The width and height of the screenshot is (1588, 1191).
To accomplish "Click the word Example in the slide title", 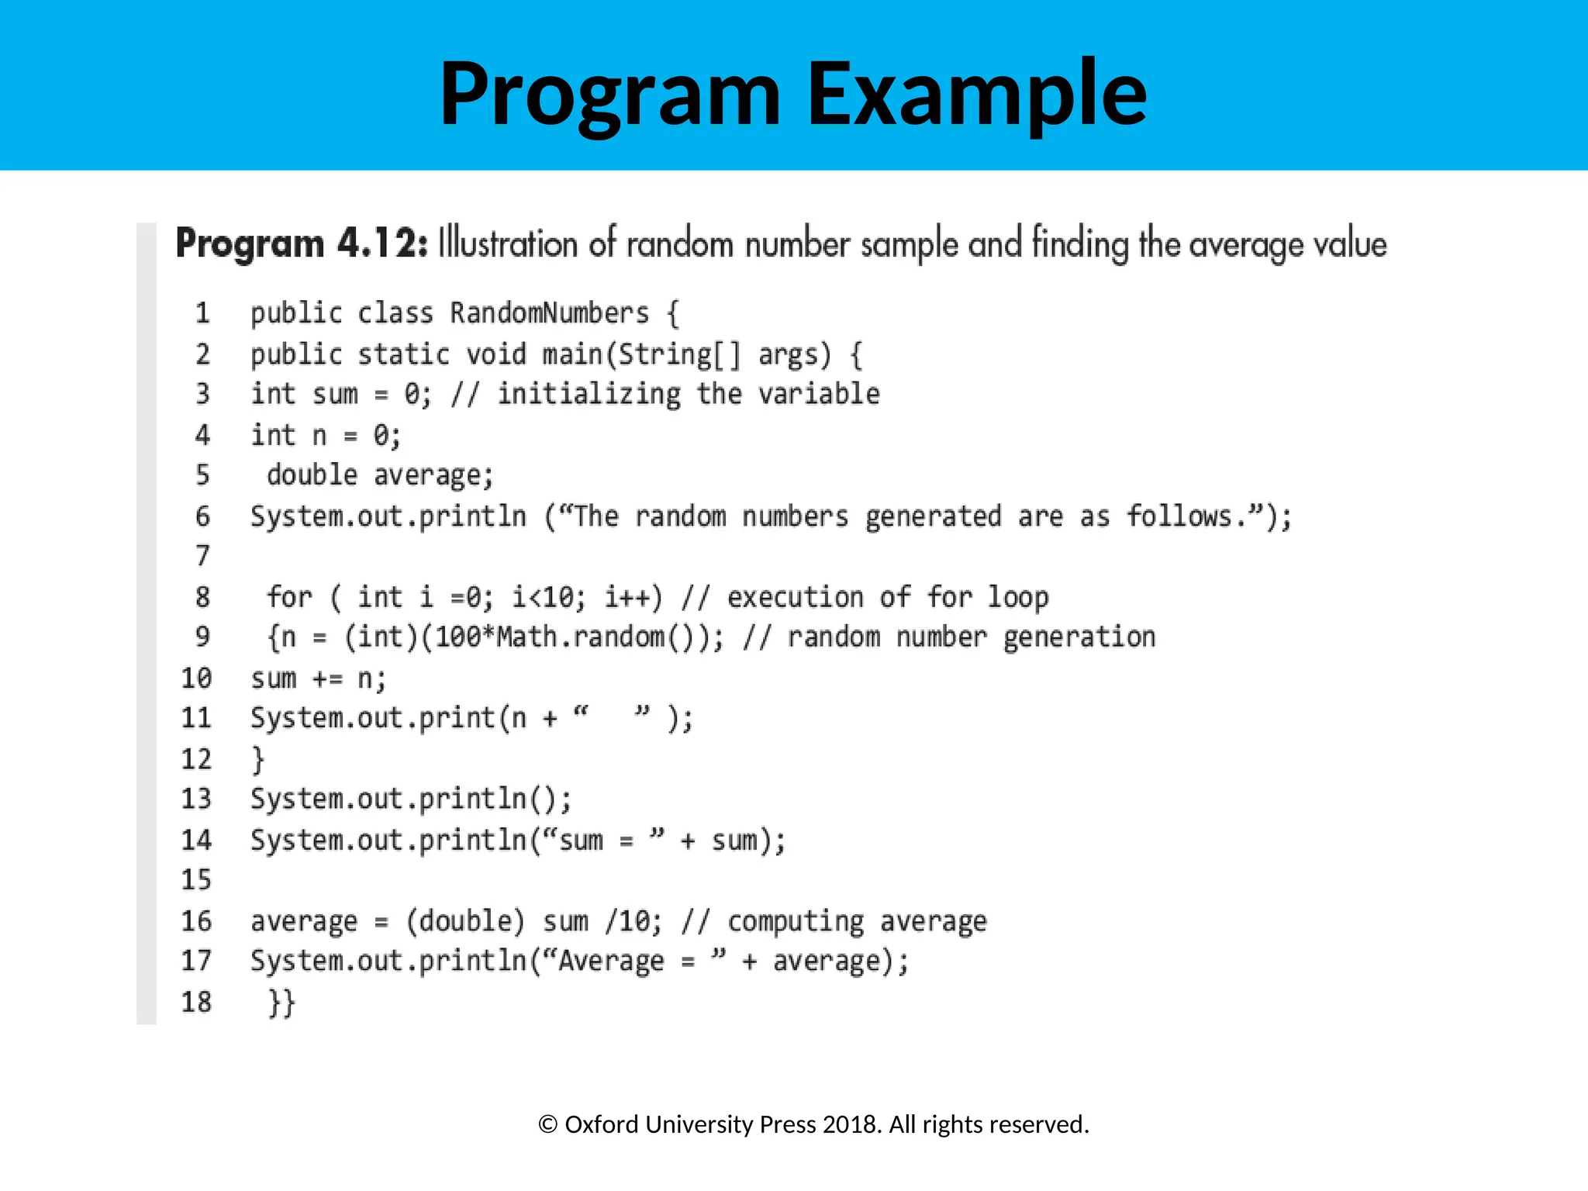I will (976, 95).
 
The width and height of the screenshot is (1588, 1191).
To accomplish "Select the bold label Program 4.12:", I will (302, 243).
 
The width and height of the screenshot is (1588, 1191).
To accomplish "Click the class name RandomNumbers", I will (549, 313).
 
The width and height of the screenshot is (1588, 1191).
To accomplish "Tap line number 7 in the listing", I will (202, 556).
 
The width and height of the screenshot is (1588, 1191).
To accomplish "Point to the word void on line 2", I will (495, 354).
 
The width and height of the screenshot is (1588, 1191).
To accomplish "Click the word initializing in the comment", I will (589, 394).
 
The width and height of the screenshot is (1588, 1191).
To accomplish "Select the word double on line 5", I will (312, 475).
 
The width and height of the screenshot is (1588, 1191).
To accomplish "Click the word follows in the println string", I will (1179, 516).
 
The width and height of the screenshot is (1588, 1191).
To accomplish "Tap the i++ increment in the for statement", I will (633, 597).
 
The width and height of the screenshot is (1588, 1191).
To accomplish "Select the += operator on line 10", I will (326, 679).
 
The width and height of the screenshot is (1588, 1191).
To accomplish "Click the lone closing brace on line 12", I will (258, 759).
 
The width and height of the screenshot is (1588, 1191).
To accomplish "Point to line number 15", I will (196, 879).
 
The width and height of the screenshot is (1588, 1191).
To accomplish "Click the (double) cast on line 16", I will (465, 921).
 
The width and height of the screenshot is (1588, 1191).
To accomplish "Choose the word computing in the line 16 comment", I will (795, 921).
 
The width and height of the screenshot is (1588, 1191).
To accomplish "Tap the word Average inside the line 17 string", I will (611, 961).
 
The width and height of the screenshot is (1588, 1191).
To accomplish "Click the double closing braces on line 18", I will (281, 1002).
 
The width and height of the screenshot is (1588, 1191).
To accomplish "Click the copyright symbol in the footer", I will (547, 1124).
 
